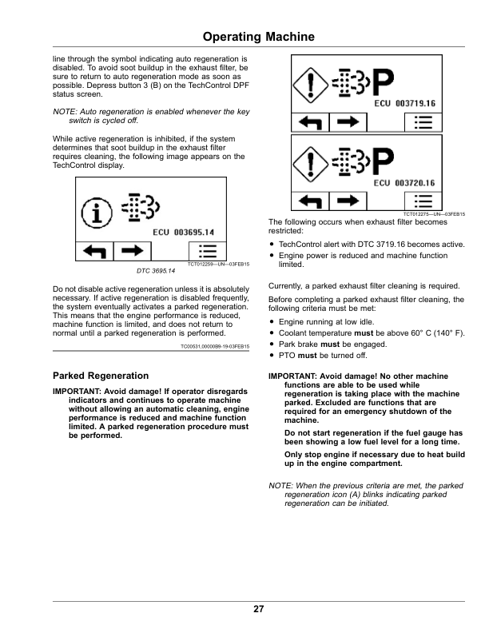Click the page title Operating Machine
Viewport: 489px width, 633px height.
(258, 38)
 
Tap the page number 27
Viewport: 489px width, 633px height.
(258, 610)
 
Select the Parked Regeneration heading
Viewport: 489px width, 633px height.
(100, 375)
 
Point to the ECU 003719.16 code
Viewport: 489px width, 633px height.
(404, 104)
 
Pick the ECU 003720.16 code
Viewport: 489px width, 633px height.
(404, 183)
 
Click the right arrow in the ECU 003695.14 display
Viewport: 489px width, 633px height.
(133, 252)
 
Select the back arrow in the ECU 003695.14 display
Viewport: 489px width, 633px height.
(95, 252)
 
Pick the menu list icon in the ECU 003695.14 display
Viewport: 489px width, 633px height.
(208, 252)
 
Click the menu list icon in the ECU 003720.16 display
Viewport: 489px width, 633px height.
(425, 201)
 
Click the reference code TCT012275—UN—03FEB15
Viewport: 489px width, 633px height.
(434, 214)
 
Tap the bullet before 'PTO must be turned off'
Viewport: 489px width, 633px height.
(272, 355)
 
